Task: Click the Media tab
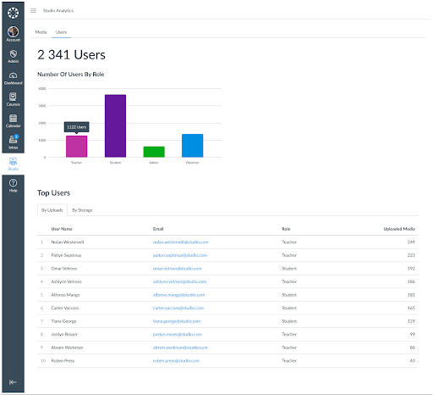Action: click(x=41, y=31)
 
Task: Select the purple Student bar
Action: click(x=115, y=125)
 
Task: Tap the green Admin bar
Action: click(x=154, y=152)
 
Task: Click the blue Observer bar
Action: click(x=192, y=145)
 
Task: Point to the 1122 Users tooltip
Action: click(x=76, y=126)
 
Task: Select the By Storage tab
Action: click(x=82, y=209)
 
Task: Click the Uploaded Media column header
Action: click(x=397, y=229)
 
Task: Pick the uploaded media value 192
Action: click(x=410, y=268)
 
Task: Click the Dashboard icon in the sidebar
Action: click(x=14, y=78)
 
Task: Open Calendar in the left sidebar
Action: click(x=14, y=120)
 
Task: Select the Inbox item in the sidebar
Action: click(x=14, y=142)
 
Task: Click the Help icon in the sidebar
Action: click(x=14, y=185)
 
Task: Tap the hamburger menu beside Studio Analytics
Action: click(x=33, y=10)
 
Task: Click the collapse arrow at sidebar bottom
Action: click(x=14, y=382)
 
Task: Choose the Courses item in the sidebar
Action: click(x=14, y=99)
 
